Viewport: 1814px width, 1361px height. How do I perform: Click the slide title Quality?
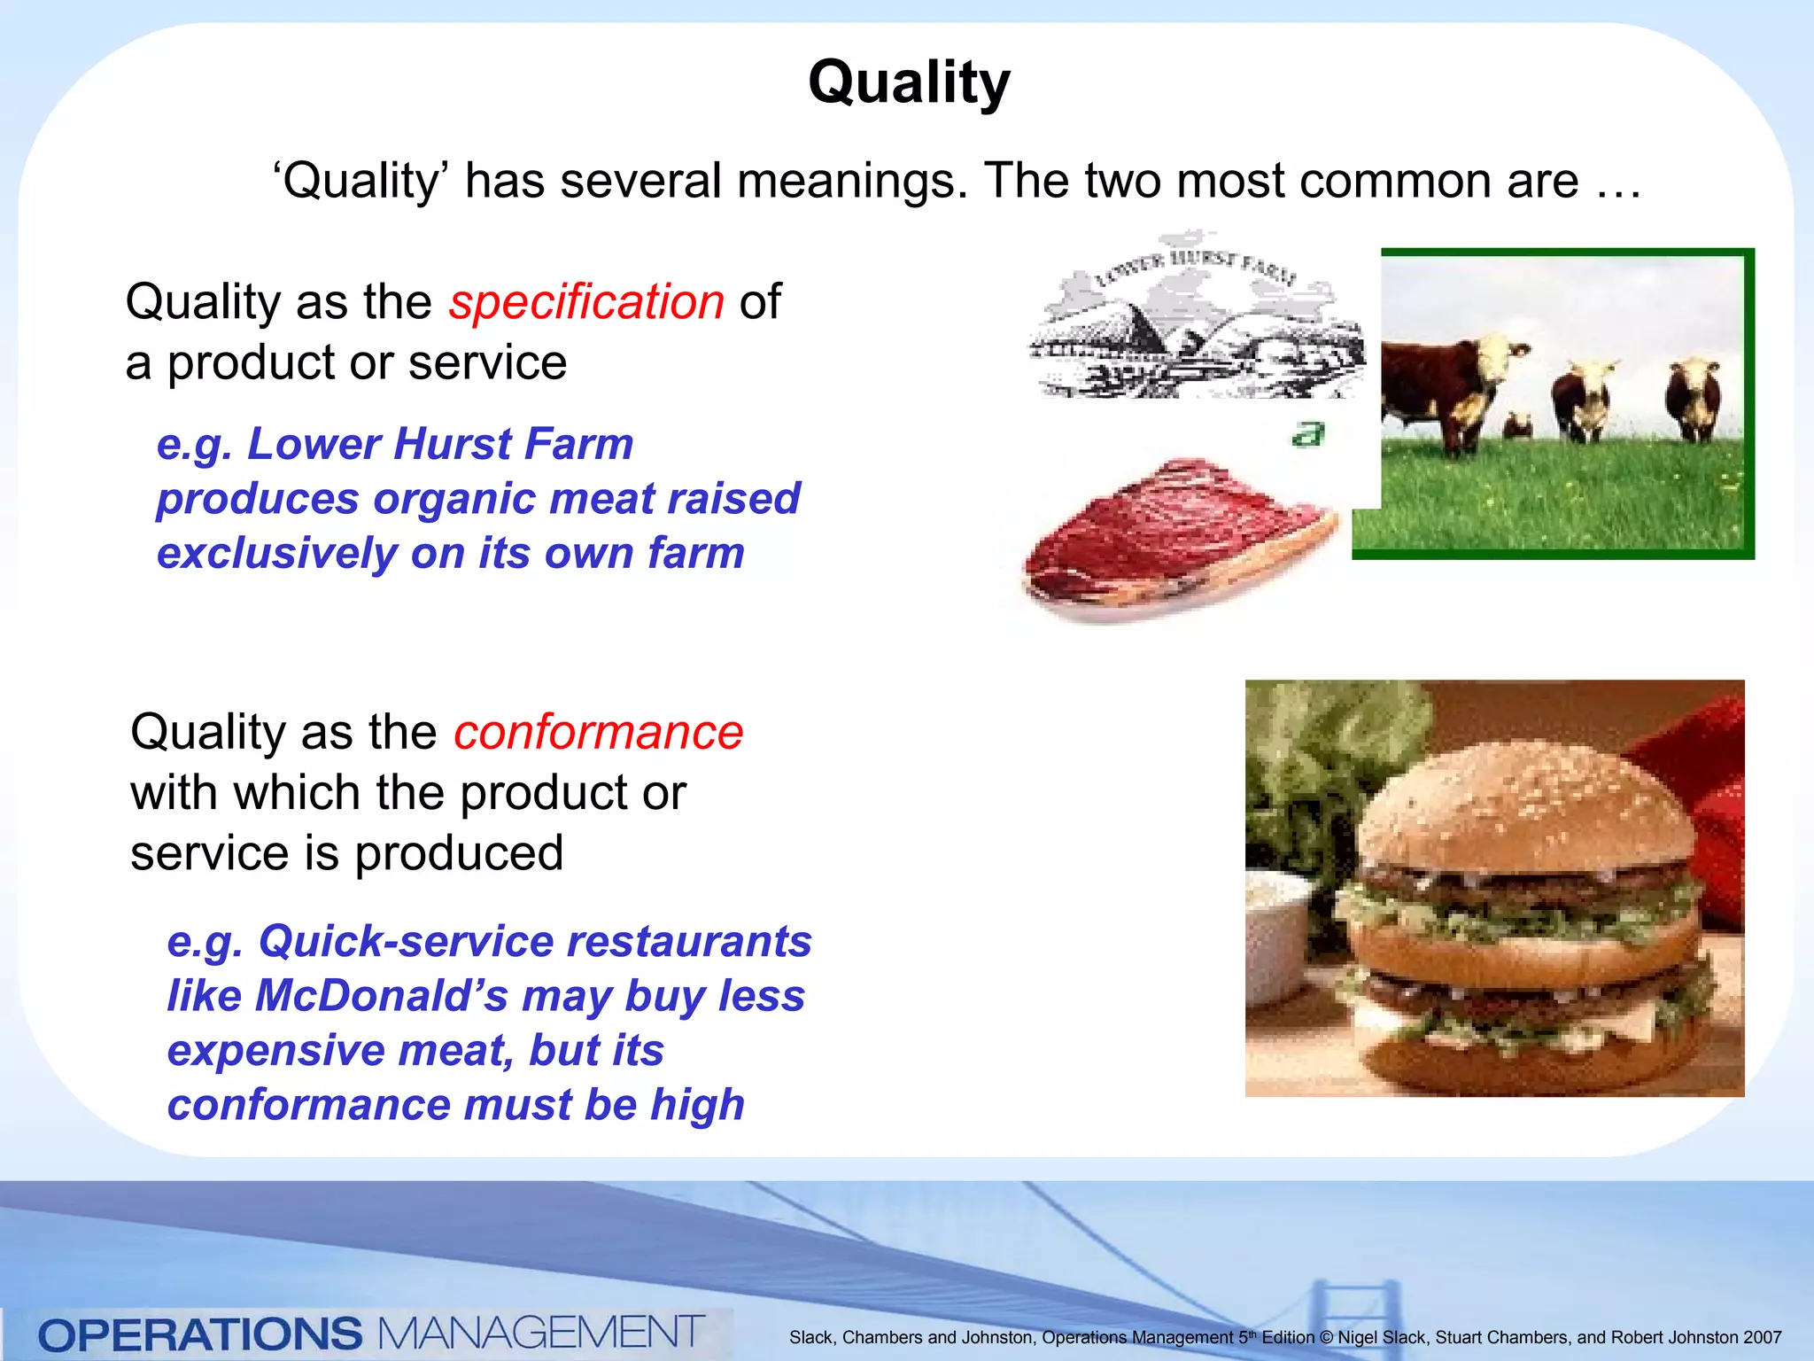[x=909, y=82]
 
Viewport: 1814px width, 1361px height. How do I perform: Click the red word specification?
[x=586, y=301]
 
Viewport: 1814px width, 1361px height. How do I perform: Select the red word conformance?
[x=598, y=732]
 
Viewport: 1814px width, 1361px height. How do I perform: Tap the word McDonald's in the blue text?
[x=381, y=995]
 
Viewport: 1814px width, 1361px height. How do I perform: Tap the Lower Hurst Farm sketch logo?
[x=1196, y=319]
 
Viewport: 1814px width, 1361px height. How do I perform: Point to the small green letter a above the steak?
[x=1307, y=434]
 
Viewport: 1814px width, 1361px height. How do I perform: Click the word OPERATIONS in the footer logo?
[x=200, y=1334]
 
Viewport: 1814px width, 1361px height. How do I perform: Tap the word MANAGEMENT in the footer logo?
[x=541, y=1333]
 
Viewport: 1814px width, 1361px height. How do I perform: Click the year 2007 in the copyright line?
[x=1762, y=1337]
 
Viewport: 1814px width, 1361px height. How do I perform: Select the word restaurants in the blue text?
[x=688, y=941]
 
